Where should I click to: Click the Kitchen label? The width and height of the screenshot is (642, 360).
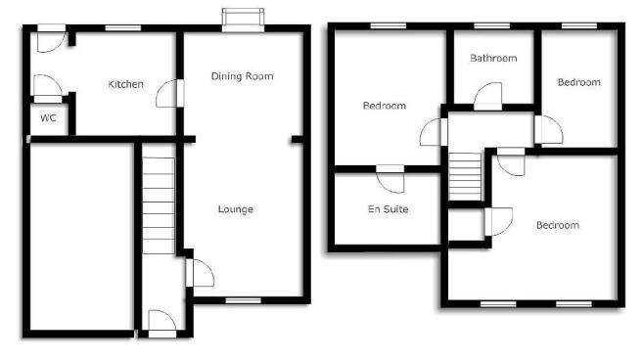point(125,84)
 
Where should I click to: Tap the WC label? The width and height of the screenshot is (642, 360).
point(48,118)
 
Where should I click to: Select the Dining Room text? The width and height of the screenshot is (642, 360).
point(242,76)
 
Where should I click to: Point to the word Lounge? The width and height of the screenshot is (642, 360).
point(236,209)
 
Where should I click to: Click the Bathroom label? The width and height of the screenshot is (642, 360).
point(493,58)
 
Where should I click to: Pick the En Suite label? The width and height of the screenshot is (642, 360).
point(389,209)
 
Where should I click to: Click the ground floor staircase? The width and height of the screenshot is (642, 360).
point(159,205)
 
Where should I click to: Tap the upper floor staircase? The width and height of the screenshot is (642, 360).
point(465,177)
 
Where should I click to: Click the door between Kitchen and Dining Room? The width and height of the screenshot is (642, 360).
point(169,93)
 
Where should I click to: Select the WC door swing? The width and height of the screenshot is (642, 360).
point(48,88)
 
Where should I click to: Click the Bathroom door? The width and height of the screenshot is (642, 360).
point(488,96)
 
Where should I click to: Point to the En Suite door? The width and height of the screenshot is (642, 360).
point(390,178)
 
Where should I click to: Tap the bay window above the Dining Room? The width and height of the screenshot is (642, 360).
point(244,20)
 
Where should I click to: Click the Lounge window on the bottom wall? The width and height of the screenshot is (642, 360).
point(244,300)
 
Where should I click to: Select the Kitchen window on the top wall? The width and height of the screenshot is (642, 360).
point(123,27)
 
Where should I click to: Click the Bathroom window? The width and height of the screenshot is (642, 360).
point(491,26)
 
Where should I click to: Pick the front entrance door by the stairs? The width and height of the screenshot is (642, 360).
point(162,324)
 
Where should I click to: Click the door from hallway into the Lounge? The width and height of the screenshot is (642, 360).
point(200,273)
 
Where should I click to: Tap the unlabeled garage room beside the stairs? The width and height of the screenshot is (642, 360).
point(82,237)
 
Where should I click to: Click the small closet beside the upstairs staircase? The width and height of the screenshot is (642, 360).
point(467,225)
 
